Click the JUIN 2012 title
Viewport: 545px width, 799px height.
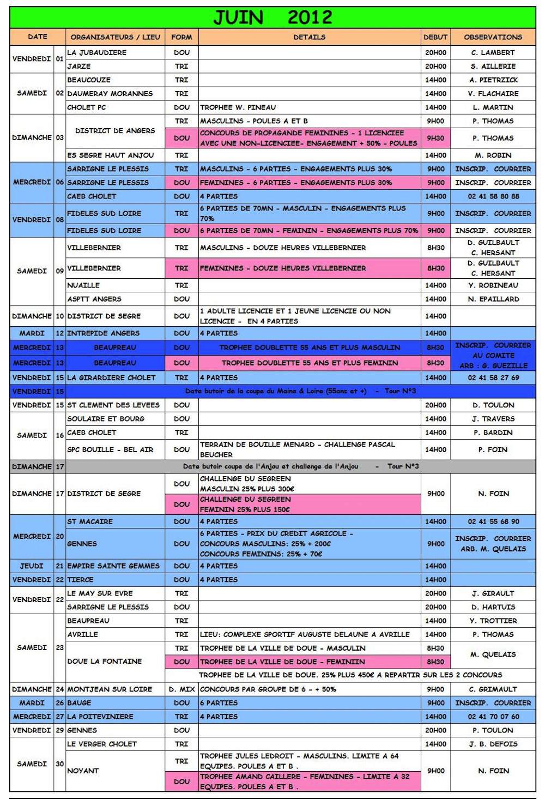point(272,17)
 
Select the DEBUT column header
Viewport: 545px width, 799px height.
point(435,37)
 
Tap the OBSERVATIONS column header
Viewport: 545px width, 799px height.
point(493,37)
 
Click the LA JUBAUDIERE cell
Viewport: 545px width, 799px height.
point(97,52)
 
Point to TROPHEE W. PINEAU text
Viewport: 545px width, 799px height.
point(238,107)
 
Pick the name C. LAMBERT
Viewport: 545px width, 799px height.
point(493,52)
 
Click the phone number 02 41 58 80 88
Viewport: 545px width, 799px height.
point(493,196)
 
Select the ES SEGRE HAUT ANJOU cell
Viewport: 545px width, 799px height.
point(111,155)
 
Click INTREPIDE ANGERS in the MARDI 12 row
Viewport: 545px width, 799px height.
point(104,333)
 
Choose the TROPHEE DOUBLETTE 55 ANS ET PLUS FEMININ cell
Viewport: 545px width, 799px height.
point(310,363)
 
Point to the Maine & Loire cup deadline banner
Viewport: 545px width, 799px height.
point(300,391)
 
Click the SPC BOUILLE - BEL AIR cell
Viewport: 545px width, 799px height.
point(110,449)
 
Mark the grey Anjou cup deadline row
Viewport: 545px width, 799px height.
point(300,466)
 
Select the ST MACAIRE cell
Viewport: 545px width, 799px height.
point(90,521)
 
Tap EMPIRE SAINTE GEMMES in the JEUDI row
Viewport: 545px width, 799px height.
point(113,566)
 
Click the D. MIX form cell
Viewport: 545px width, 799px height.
point(181,689)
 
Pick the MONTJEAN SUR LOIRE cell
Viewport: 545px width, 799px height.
point(110,689)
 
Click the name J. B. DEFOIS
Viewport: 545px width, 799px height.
point(493,744)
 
